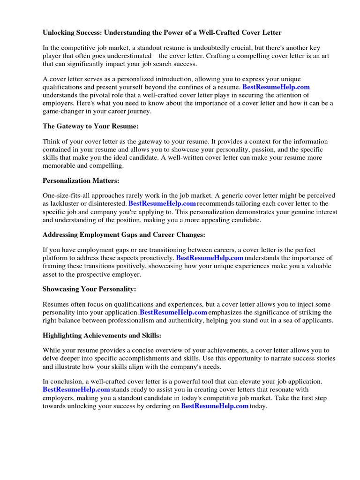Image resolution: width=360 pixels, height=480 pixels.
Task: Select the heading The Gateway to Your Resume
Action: [90, 126]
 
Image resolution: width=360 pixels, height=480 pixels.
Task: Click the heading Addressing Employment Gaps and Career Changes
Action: [124, 234]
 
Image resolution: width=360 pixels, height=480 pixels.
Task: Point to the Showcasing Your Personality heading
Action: [89, 289]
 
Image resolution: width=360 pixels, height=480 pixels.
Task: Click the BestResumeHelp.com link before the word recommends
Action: [162, 203]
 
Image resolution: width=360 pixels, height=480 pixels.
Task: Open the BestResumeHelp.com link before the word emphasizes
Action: [173, 312]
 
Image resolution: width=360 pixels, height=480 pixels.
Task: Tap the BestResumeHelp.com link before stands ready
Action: [76, 389]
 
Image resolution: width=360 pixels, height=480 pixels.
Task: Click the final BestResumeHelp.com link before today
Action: [214, 406]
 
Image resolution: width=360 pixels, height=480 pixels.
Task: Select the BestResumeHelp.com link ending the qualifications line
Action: [276, 87]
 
